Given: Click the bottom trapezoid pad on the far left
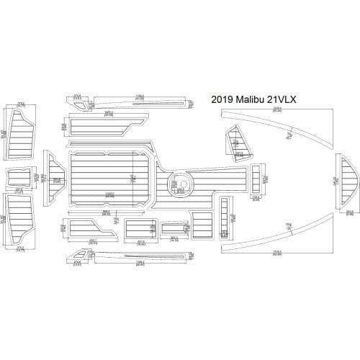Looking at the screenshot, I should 19,220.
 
